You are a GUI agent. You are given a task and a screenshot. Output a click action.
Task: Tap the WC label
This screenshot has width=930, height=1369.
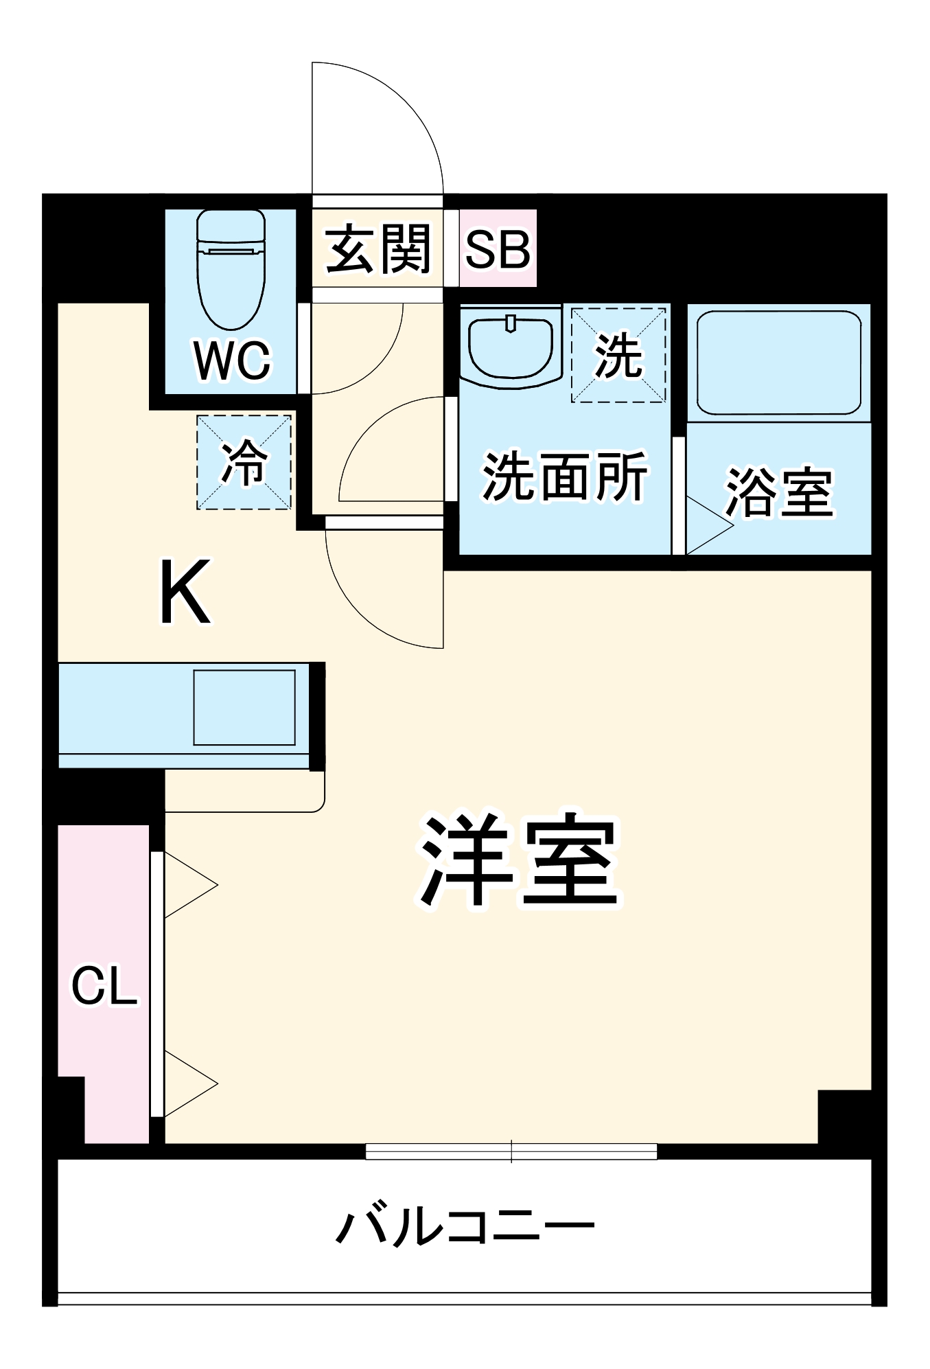pyautogui.click(x=232, y=360)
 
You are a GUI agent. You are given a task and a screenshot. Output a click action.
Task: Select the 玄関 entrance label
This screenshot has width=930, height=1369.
pyautogui.click(x=378, y=249)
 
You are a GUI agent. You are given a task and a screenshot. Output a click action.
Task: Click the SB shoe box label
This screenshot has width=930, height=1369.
pyautogui.click(x=498, y=249)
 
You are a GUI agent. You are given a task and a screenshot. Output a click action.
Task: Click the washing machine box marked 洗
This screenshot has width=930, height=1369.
pyautogui.click(x=618, y=355)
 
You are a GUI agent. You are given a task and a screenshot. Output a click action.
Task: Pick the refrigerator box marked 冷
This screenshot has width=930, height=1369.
pyautogui.click(x=244, y=462)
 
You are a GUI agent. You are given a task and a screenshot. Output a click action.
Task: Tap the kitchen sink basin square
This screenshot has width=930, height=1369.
pyautogui.click(x=244, y=707)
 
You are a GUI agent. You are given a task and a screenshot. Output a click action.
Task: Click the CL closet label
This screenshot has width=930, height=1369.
pyautogui.click(x=104, y=987)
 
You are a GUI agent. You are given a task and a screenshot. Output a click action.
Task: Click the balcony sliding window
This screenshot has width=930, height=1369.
pyautogui.click(x=511, y=1151)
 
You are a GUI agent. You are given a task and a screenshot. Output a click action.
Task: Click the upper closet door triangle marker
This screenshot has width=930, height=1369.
pyautogui.click(x=188, y=886)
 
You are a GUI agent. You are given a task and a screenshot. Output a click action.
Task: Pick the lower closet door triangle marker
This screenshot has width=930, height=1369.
pyautogui.click(x=188, y=1084)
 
